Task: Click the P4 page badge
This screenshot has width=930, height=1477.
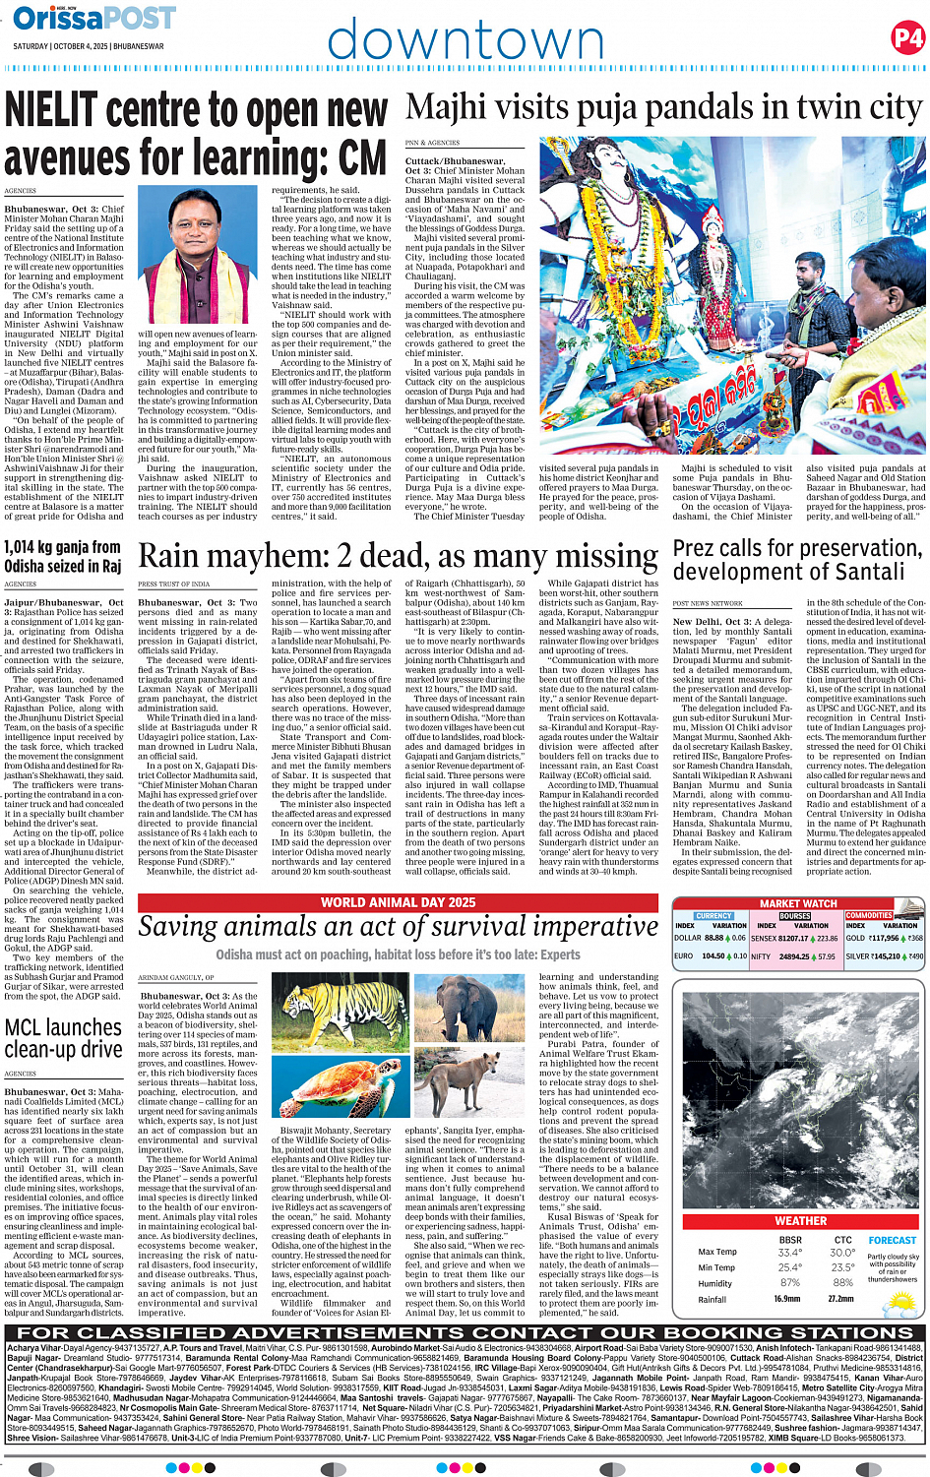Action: click(x=907, y=38)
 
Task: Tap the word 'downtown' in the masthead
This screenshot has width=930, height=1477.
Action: click(x=465, y=40)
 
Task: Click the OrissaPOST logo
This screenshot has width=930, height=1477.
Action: click(x=93, y=18)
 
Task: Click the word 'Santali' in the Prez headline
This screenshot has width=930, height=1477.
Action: click(x=865, y=572)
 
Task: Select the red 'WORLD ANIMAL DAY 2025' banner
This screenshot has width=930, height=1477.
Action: click(x=398, y=902)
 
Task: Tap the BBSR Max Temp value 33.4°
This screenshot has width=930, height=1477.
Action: click(x=789, y=1253)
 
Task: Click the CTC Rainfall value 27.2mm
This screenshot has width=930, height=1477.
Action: click(x=841, y=1299)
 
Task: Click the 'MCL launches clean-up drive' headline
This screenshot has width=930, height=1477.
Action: click(x=64, y=1039)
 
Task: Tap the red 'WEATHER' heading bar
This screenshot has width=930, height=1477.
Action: click(x=800, y=1220)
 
